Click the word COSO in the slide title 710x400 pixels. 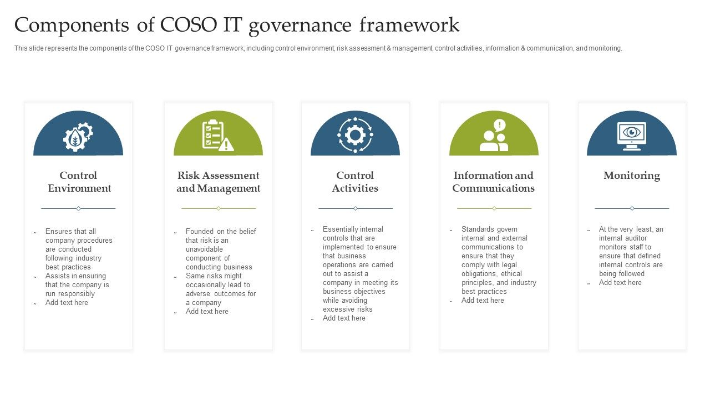click(187, 26)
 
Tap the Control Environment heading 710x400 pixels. click(78, 182)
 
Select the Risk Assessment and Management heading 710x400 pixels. click(219, 182)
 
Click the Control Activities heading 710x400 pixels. click(355, 182)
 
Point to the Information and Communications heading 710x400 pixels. click(493, 182)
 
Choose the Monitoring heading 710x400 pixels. click(632, 176)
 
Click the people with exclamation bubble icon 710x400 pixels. click(494, 136)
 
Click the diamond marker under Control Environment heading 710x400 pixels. click(78, 208)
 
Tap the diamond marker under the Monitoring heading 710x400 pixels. click(632, 208)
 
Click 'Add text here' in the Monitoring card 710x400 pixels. click(620, 283)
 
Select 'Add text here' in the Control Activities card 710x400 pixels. click(344, 318)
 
